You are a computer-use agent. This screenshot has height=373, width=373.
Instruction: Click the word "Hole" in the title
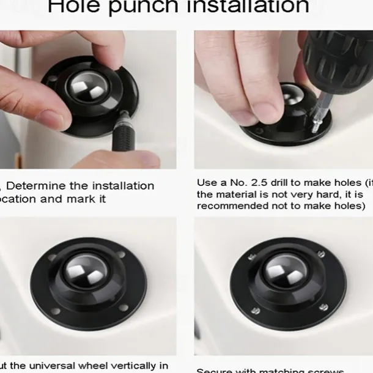click(76, 6)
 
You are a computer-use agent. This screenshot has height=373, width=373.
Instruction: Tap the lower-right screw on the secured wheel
click(323, 307)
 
